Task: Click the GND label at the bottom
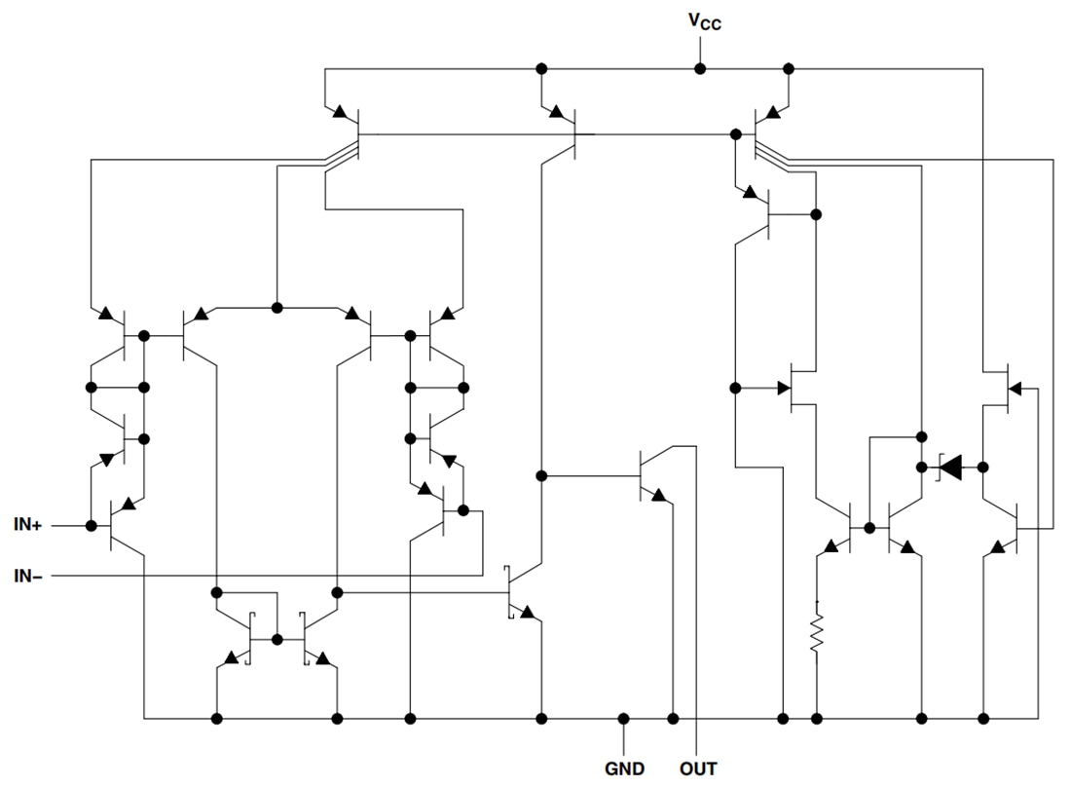(623, 768)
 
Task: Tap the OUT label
(697, 768)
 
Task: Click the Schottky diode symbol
(950, 468)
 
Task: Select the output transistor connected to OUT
(650, 475)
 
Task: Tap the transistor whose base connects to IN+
(119, 526)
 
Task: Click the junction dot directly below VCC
(698, 69)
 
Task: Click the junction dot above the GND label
(623, 719)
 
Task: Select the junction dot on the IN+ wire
(92, 526)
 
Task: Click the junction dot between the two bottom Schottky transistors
(277, 640)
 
